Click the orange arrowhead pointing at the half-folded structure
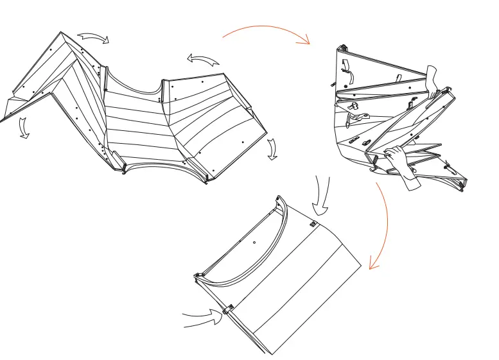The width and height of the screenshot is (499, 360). [x=306, y=42]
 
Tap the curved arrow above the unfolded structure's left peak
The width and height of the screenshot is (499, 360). [x=95, y=39]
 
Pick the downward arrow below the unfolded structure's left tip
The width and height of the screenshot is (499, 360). [x=24, y=128]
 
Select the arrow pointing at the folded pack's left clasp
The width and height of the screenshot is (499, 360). [x=202, y=314]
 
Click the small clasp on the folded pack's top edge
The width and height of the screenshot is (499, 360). [x=313, y=224]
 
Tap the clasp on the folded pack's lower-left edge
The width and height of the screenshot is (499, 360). [x=227, y=310]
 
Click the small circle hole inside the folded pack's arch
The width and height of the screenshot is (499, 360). [x=254, y=242]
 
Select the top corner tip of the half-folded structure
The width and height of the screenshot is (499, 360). [x=342, y=47]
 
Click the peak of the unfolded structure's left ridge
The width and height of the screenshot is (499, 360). [x=61, y=33]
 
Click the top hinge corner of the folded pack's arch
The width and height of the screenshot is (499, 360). [x=279, y=198]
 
